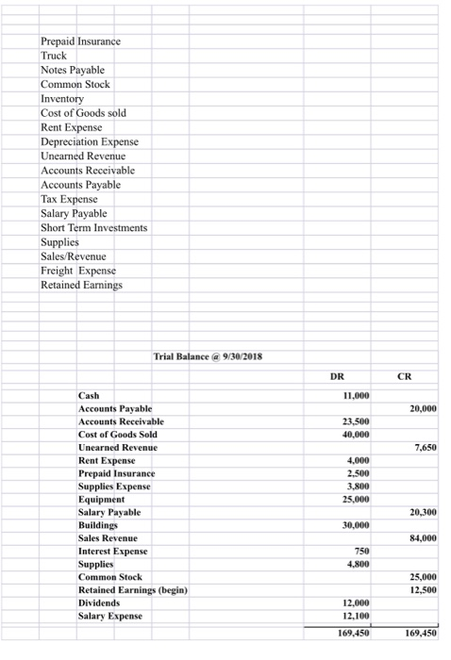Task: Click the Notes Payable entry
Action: click(x=73, y=70)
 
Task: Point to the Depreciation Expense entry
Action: click(x=90, y=140)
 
